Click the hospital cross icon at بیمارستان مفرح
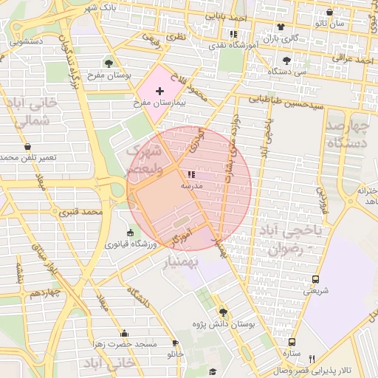[x=160, y=90]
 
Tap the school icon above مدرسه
[x=192, y=175]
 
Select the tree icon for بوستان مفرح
[x=110, y=63]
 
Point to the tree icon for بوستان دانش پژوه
[x=223, y=312]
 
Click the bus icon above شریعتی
[x=315, y=280]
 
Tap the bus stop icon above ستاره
[x=292, y=342]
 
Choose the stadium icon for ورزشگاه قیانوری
[x=131, y=233]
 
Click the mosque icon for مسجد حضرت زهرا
[x=124, y=333]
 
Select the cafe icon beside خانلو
[x=175, y=343]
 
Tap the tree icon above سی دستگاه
[x=286, y=61]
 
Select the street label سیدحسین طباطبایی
[x=286, y=102]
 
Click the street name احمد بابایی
[x=226, y=16]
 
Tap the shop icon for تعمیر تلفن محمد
[x=27, y=146]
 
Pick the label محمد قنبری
[x=80, y=213]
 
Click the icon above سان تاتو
[x=329, y=13]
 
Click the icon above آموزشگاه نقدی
[x=234, y=34]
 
